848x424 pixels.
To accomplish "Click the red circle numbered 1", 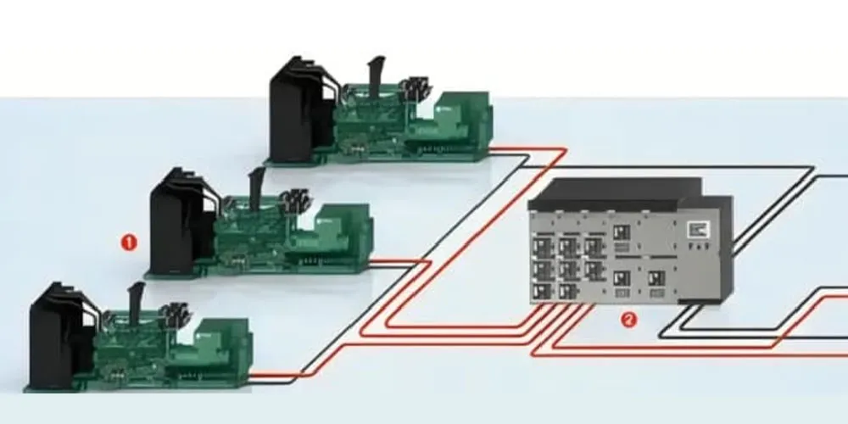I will point(128,242).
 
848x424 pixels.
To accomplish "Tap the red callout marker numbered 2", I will point(628,320).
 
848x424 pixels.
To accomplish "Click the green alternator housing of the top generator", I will point(462,123).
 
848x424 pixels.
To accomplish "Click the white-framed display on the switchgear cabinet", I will point(698,229).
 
